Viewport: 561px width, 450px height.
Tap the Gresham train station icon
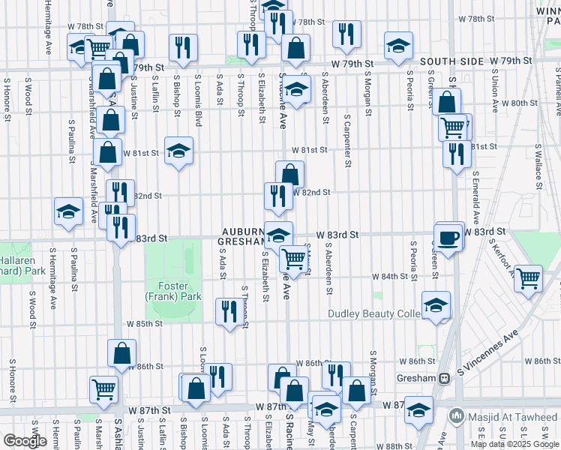[x=444, y=379]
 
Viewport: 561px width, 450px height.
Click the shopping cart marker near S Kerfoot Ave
[x=529, y=277]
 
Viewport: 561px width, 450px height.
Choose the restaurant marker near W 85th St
[x=227, y=310]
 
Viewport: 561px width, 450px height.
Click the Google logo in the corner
[x=25, y=441]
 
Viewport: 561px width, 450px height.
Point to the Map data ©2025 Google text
[x=514, y=444]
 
